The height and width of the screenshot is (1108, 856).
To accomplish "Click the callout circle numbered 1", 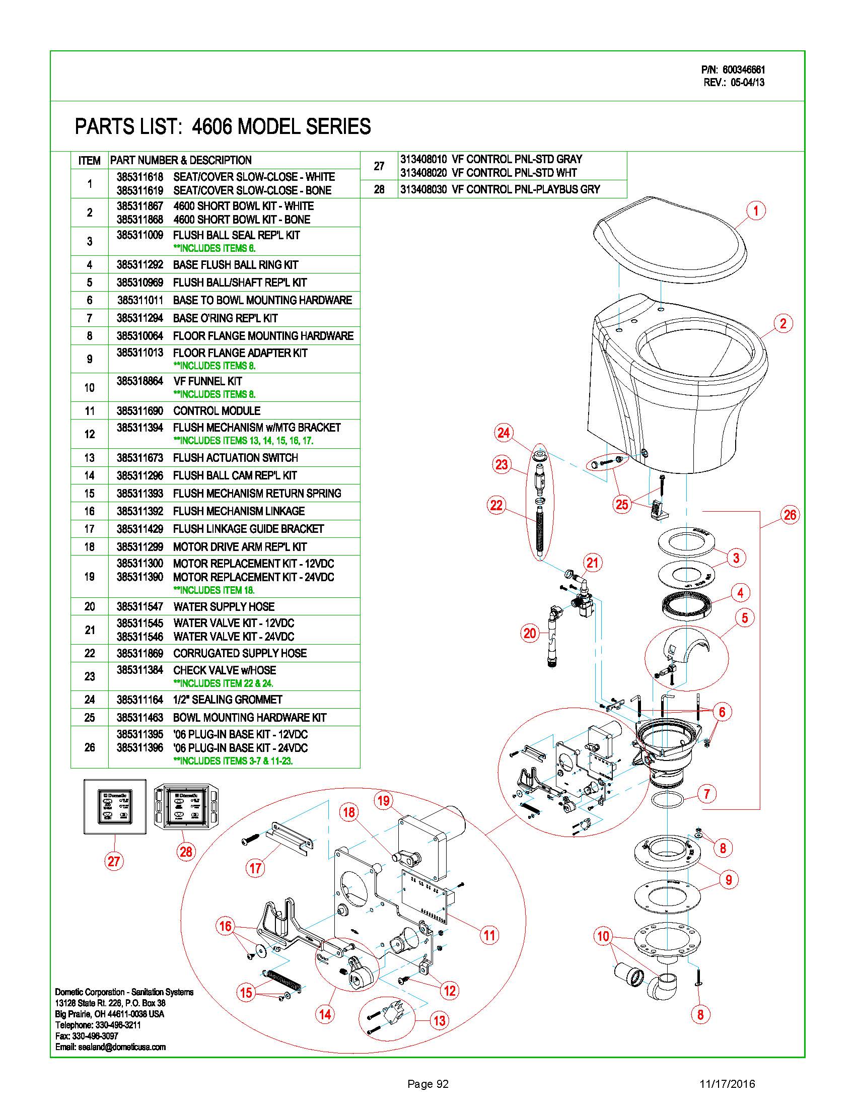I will tap(756, 211).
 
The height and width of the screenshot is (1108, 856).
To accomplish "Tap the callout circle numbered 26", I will tap(790, 515).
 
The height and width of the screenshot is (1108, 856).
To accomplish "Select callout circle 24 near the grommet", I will tap(504, 433).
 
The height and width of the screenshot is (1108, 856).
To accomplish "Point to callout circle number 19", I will tap(384, 801).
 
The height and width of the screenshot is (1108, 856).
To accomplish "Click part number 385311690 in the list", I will tap(139, 410).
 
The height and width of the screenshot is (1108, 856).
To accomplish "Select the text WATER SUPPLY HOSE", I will tap(224, 606).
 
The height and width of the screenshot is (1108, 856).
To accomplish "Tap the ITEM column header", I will tap(89, 161).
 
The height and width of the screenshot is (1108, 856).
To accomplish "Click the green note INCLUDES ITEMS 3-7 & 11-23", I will tap(233, 761).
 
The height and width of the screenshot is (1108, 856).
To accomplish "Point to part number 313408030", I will tap(423, 189).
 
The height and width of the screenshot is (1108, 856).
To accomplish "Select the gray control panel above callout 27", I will tap(114, 807).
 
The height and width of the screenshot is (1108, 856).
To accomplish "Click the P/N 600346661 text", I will tap(733, 70).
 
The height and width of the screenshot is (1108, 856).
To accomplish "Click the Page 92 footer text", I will tap(428, 1084).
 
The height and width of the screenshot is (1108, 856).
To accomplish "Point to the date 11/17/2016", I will tap(727, 1084).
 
